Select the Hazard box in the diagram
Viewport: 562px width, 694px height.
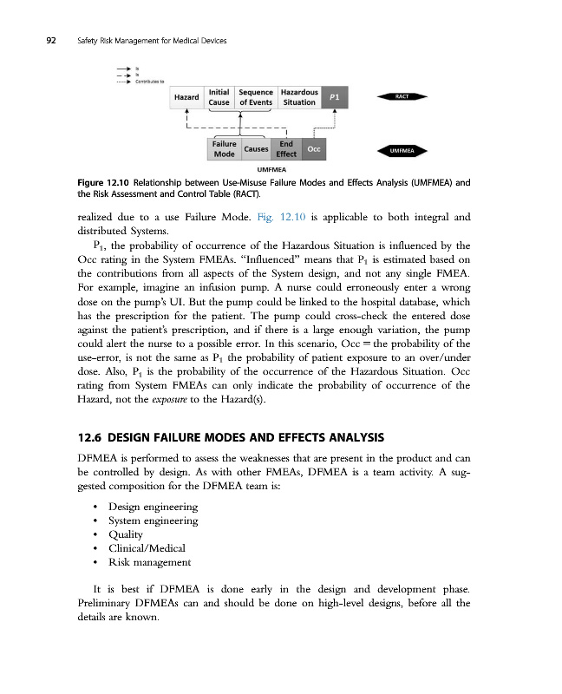186,97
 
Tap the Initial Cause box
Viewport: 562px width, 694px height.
219,96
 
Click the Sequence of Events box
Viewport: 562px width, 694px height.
256,96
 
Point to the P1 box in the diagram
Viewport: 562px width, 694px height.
335,97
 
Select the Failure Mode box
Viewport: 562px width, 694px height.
225,149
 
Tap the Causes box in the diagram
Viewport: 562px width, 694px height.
256,149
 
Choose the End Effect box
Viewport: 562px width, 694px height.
286,149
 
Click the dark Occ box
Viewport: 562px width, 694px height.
314,149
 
